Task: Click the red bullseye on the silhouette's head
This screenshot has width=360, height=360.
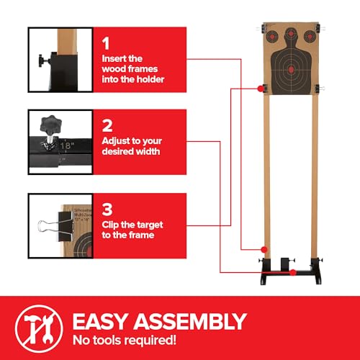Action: coord(291,35)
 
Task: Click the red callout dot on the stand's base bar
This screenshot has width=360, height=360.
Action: coord(293,272)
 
